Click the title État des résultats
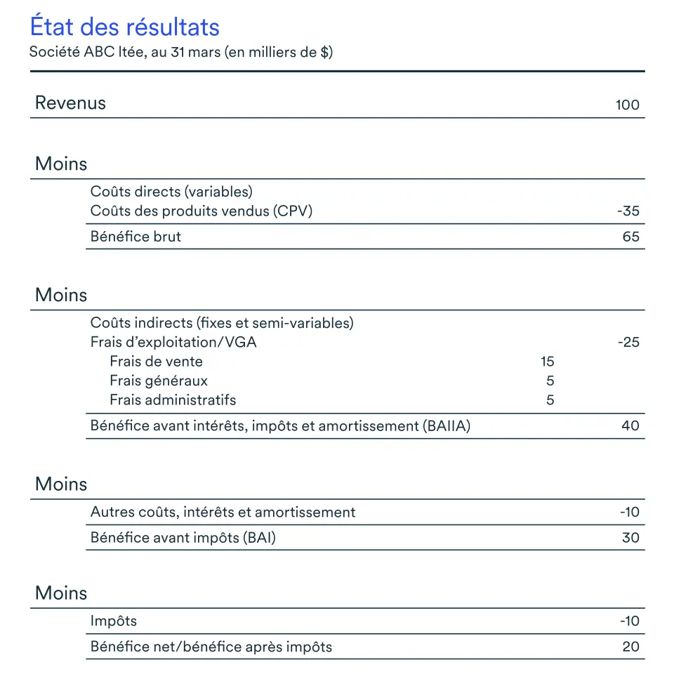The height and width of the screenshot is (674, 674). coord(124,27)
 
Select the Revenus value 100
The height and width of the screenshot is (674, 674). coord(627,105)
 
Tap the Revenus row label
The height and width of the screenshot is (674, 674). coord(70,103)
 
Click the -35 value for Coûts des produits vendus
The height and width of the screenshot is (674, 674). coord(628,211)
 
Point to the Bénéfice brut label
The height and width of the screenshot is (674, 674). coord(136,237)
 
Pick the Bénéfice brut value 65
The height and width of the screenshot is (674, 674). coord(630,237)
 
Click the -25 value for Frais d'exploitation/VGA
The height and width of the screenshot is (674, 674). coord(628,343)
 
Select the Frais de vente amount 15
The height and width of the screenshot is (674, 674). coord(548,362)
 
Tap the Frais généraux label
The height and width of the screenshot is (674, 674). coord(159,381)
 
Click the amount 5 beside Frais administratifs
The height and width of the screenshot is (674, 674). coord(550,400)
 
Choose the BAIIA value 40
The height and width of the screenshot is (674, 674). coord(630,425)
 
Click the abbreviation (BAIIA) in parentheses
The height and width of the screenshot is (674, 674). coord(447,425)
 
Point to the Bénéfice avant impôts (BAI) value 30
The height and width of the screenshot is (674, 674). coord(630,538)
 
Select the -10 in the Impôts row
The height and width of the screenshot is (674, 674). coord(629,621)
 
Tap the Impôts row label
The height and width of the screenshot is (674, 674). coord(114,621)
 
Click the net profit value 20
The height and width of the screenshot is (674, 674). coord(630,647)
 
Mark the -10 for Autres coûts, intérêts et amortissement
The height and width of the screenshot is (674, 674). coord(629,513)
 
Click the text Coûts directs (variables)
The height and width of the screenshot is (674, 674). coord(171,192)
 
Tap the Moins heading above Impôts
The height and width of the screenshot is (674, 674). coord(61,593)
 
